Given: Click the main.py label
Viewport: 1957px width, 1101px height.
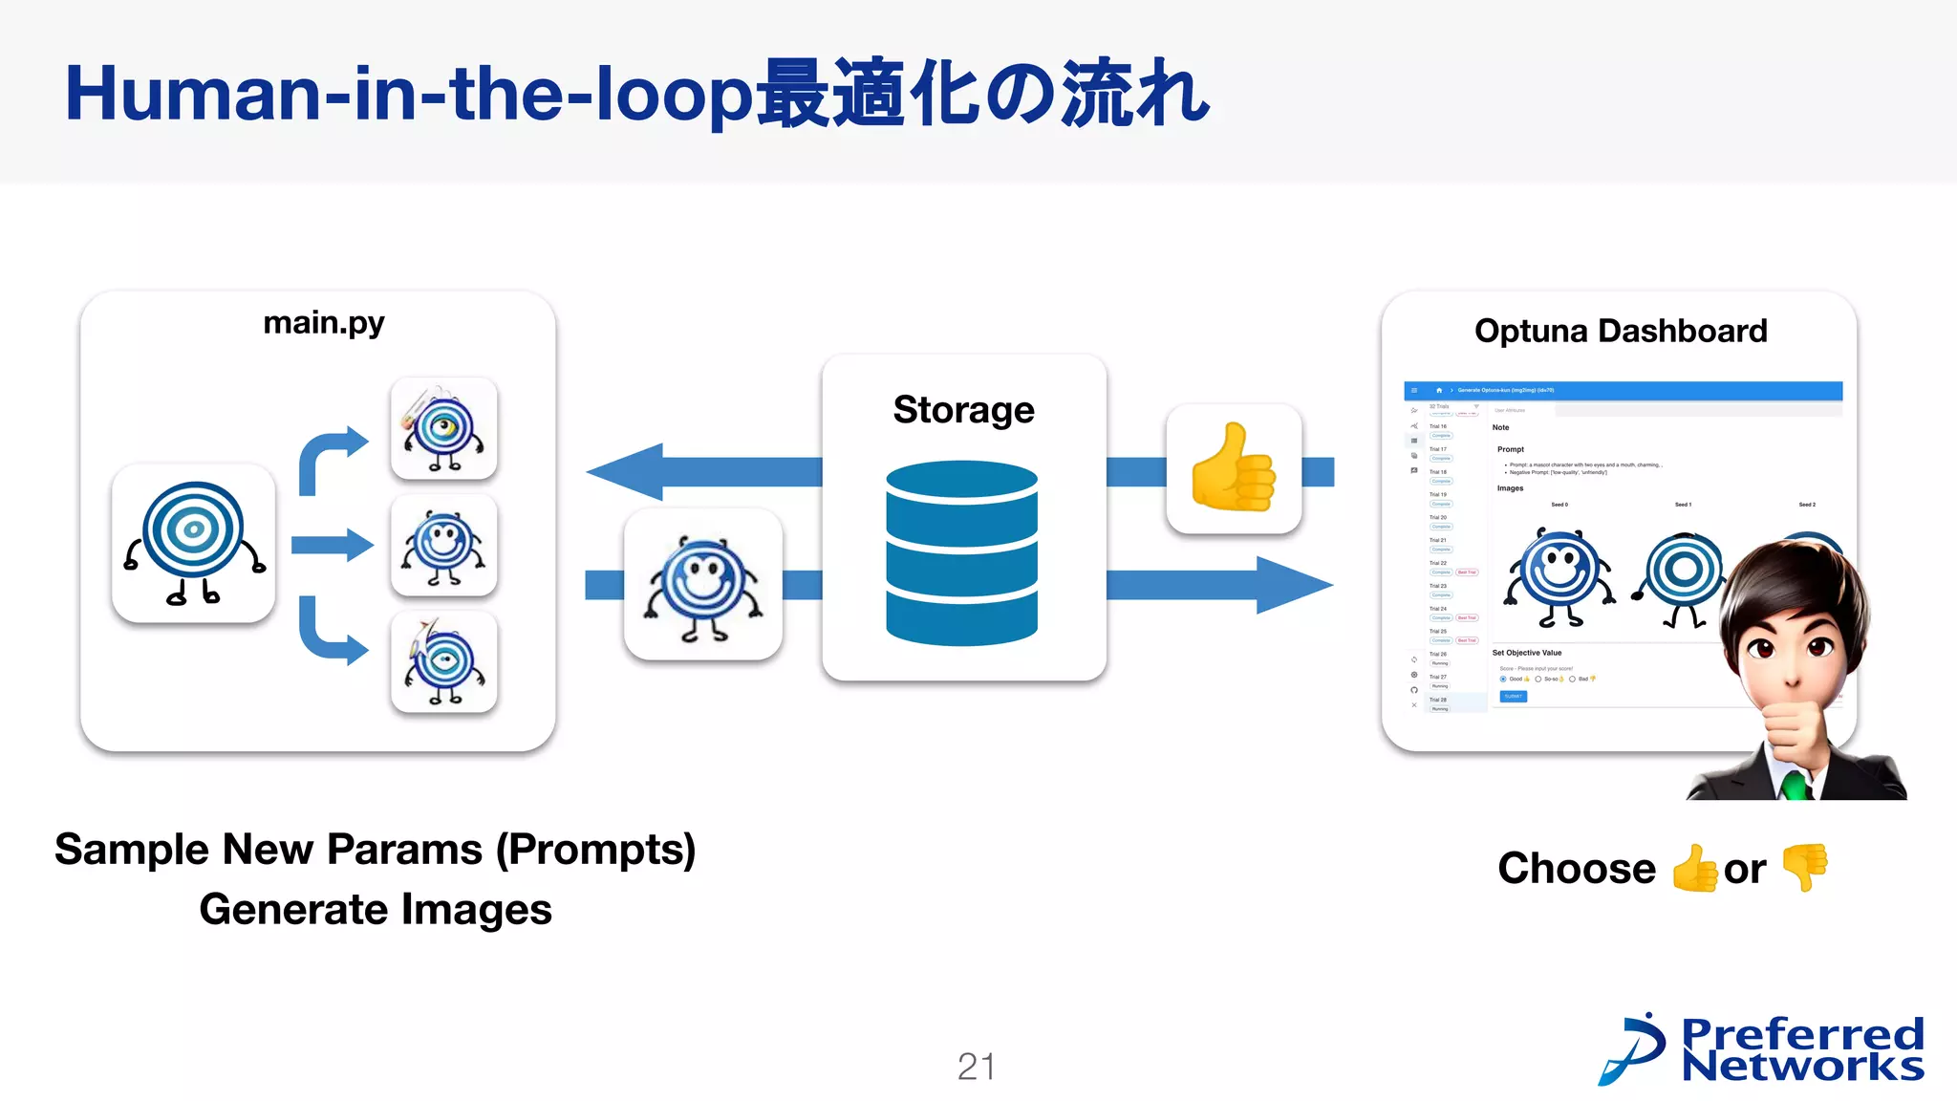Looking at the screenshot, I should tap(323, 323).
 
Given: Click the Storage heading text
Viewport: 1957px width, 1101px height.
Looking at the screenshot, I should tap(963, 409).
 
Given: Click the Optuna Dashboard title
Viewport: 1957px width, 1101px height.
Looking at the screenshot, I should tap(1621, 331).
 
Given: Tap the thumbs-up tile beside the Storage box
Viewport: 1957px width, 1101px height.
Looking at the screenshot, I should tap(1234, 468).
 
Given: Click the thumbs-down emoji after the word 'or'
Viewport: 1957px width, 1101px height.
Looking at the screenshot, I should tap(1805, 866).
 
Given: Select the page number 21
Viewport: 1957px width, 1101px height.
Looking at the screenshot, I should tap(977, 1067).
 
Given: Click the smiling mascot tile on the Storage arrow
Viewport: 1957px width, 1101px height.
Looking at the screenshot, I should tap(703, 585).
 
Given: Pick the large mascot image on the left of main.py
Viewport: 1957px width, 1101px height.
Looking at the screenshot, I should tap(194, 543).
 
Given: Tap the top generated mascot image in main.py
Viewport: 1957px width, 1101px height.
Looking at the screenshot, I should tap(443, 428).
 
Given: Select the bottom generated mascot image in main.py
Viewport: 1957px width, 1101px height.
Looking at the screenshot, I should tap(443, 661).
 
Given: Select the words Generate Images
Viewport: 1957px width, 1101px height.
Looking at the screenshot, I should tap(376, 909).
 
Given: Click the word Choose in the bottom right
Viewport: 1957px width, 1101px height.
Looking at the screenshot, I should tap(1577, 869).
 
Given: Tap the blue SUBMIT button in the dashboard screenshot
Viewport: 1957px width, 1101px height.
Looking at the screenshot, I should tap(1514, 697).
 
